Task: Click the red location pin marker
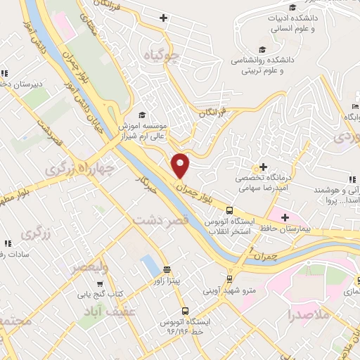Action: [x=181, y=166]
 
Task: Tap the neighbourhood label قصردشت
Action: [x=162, y=221]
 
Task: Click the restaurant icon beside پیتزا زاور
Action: [x=167, y=269]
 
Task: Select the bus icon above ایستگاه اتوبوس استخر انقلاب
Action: [x=230, y=210]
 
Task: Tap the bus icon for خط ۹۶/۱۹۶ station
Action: [x=185, y=310]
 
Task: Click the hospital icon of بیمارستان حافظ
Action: [x=285, y=217]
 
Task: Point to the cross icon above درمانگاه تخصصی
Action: [x=263, y=167]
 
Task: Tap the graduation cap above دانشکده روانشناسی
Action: [x=262, y=49]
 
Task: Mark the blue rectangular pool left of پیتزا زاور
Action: [x=149, y=266]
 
